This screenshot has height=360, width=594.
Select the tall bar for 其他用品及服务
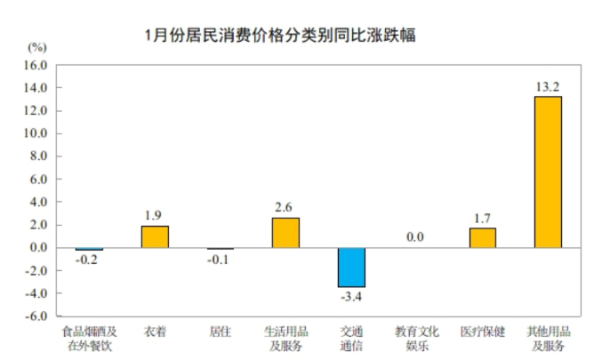[548, 172]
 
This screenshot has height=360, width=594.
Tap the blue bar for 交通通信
[351, 268]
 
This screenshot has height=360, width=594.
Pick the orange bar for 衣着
[155, 237]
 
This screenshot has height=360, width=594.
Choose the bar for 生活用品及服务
[285, 233]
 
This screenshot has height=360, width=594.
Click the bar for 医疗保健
[483, 238]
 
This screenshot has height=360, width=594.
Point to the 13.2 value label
[547, 86]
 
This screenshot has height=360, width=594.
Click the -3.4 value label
[351, 297]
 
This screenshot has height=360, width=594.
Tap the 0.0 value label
[416, 237]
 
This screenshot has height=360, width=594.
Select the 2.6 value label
[285, 208]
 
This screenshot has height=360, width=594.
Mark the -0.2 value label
[89, 261]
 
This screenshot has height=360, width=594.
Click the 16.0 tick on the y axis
[35, 66]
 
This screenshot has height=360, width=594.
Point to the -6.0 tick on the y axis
[34, 316]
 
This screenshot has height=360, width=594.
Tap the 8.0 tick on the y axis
[35, 156]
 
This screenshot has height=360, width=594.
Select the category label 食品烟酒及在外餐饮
[89, 339]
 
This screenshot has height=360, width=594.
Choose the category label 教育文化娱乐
[417, 339]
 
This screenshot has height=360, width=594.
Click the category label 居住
[221, 332]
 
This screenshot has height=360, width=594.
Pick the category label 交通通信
[351, 339]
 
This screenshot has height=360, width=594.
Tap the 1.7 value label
[482, 216]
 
